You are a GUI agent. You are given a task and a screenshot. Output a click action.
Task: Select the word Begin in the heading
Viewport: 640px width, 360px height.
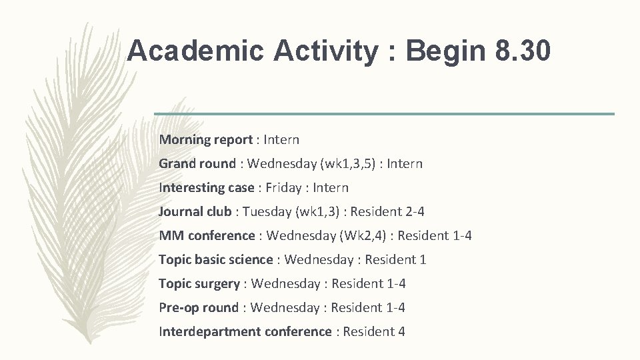pyautogui.click(x=439, y=51)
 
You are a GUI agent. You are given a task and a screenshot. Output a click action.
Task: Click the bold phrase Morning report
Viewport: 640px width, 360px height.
pyautogui.click(x=205, y=140)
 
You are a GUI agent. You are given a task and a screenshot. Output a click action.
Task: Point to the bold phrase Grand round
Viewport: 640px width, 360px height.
pyautogui.click(x=197, y=164)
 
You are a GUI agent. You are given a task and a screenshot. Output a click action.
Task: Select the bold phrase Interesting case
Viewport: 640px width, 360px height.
pyautogui.click(x=207, y=188)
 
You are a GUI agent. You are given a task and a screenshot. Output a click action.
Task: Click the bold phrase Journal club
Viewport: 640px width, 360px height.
pyautogui.click(x=195, y=212)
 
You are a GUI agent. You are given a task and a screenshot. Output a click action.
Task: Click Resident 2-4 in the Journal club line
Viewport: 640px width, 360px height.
pyautogui.click(x=387, y=212)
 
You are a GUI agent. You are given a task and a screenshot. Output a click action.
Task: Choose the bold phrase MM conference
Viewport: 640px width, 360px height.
pyautogui.click(x=207, y=236)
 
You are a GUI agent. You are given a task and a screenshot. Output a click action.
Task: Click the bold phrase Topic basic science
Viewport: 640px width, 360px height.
pyautogui.click(x=215, y=260)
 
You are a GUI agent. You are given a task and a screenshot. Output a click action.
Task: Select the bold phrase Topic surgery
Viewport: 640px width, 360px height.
pyautogui.click(x=199, y=284)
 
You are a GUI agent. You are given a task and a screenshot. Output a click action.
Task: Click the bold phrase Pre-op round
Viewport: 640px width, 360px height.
pyautogui.click(x=198, y=308)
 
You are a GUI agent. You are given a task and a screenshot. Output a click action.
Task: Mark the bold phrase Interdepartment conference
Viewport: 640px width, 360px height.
pyautogui.click(x=245, y=332)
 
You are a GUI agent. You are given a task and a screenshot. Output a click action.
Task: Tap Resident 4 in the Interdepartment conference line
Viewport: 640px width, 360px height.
pyautogui.click(x=374, y=332)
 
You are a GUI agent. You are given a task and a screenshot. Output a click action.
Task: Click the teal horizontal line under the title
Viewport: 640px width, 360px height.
pyautogui.click(x=384, y=114)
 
